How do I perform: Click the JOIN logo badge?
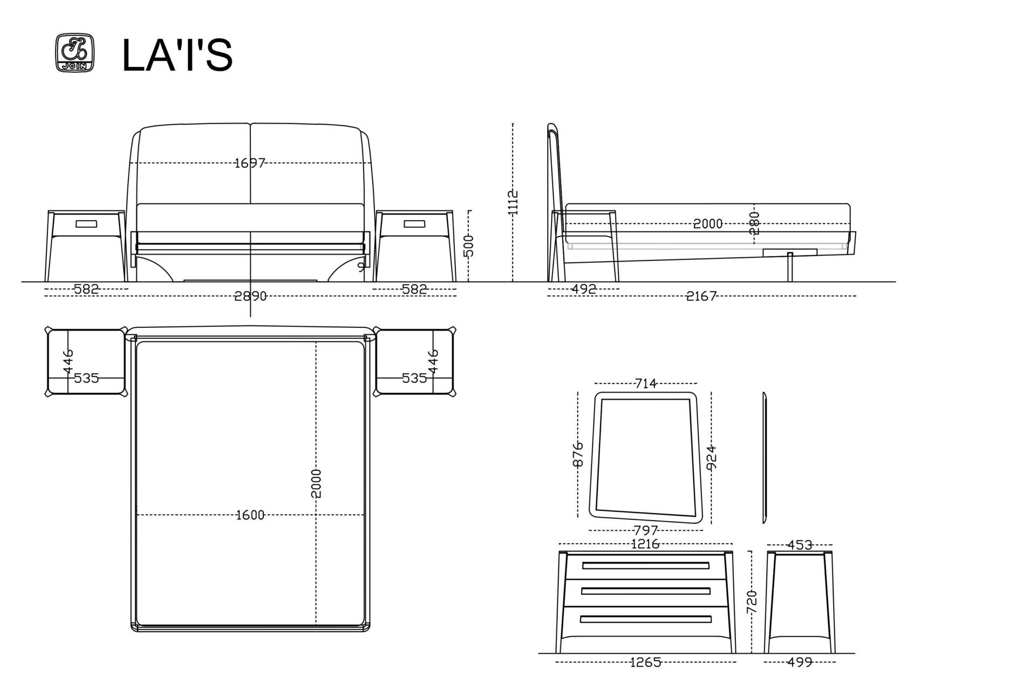pyautogui.click(x=74, y=53)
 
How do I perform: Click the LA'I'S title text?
pyautogui.click(x=177, y=54)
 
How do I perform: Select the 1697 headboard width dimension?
pyautogui.click(x=250, y=163)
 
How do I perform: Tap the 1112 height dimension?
pyautogui.click(x=513, y=202)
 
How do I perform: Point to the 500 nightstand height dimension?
pyautogui.click(x=469, y=245)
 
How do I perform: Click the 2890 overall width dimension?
pyautogui.click(x=250, y=296)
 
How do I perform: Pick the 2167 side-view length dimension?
pyautogui.click(x=701, y=296)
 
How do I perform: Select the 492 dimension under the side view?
pyautogui.click(x=584, y=289)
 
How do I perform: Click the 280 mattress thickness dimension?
pyautogui.click(x=754, y=223)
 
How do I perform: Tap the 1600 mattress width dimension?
pyautogui.click(x=250, y=516)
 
